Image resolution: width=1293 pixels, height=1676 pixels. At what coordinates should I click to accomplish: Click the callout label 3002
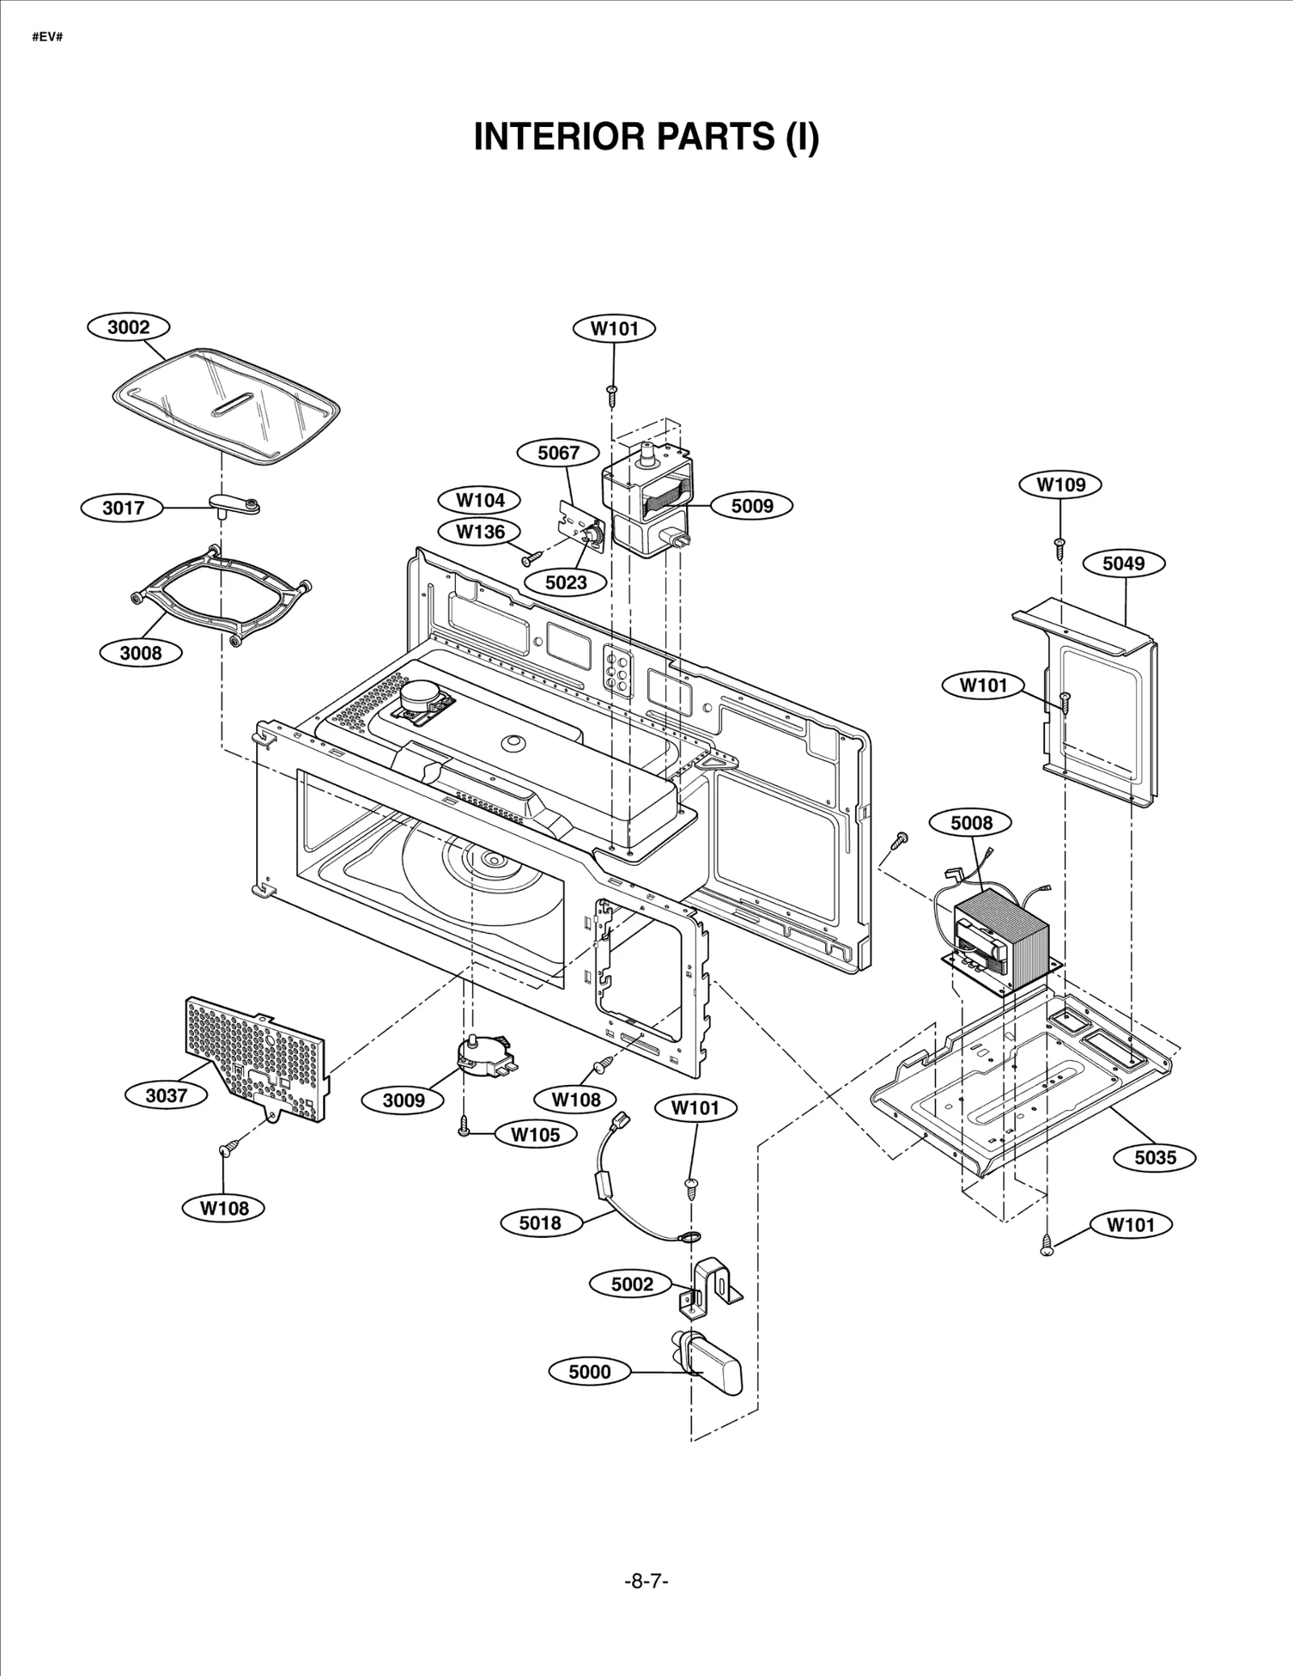tap(128, 327)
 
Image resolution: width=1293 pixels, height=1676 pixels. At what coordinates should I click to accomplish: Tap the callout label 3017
tap(123, 508)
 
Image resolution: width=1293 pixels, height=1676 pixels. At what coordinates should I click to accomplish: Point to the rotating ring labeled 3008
tap(221, 595)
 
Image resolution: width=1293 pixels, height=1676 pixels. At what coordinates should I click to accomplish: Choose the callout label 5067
tap(558, 453)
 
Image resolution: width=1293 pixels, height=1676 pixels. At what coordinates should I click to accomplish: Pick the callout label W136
tap(480, 532)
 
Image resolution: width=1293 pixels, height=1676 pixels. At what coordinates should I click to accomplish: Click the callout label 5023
tap(565, 582)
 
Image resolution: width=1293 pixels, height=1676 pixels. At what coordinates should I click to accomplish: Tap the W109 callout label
tap(1060, 485)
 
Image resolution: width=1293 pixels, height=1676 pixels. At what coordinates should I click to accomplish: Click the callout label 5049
tap(1123, 564)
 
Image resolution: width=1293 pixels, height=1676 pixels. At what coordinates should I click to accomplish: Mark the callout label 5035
tap(1155, 1158)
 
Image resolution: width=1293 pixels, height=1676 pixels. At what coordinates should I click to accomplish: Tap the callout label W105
tap(535, 1134)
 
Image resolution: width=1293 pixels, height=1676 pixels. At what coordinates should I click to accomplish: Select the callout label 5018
tap(540, 1223)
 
